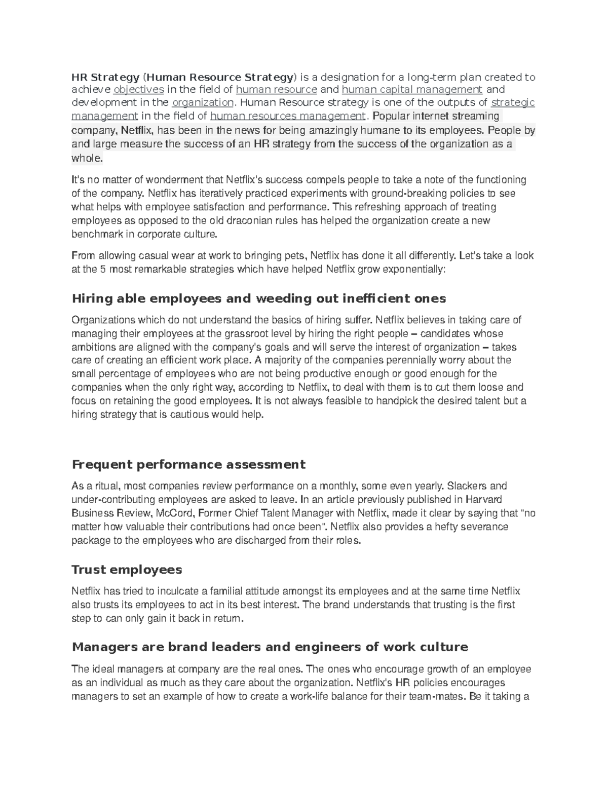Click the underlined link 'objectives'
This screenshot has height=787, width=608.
[x=138, y=90]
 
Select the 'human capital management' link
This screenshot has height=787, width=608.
[x=412, y=90]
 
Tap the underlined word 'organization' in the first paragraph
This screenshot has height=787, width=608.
[x=203, y=103]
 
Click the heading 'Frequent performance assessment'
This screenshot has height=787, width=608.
[x=188, y=464]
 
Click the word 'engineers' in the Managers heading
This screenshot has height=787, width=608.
[x=331, y=647]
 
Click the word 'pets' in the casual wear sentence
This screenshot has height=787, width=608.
[x=295, y=255]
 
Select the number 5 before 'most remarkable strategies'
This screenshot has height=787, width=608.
[x=103, y=269]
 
